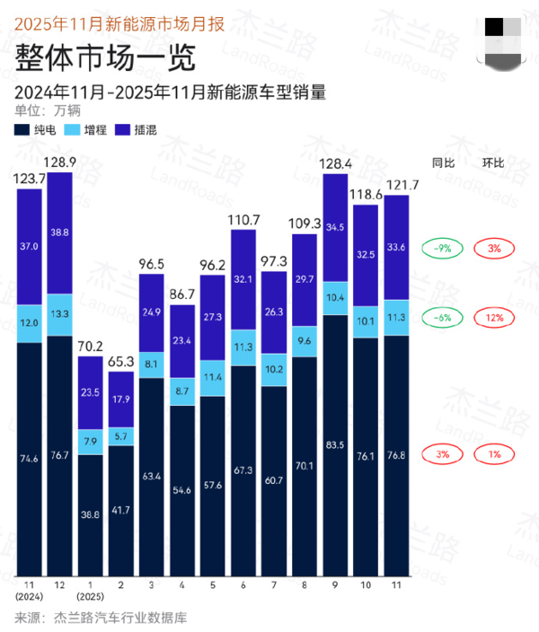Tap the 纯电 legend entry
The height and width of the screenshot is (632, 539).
pyautogui.click(x=38, y=129)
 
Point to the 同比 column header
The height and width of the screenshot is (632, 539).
pyautogui.click(x=443, y=162)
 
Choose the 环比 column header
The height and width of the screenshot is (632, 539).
pyautogui.click(x=494, y=162)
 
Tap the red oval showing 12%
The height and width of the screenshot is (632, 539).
pyautogui.click(x=494, y=318)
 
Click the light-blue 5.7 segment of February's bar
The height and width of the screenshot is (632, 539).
pyautogui.click(x=121, y=436)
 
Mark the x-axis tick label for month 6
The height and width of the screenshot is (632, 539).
pyautogui.click(x=243, y=585)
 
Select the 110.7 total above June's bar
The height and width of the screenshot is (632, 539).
pyautogui.click(x=243, y=220)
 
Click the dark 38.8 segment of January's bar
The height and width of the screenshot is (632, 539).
pyautogui.click(x=90, y=515)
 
